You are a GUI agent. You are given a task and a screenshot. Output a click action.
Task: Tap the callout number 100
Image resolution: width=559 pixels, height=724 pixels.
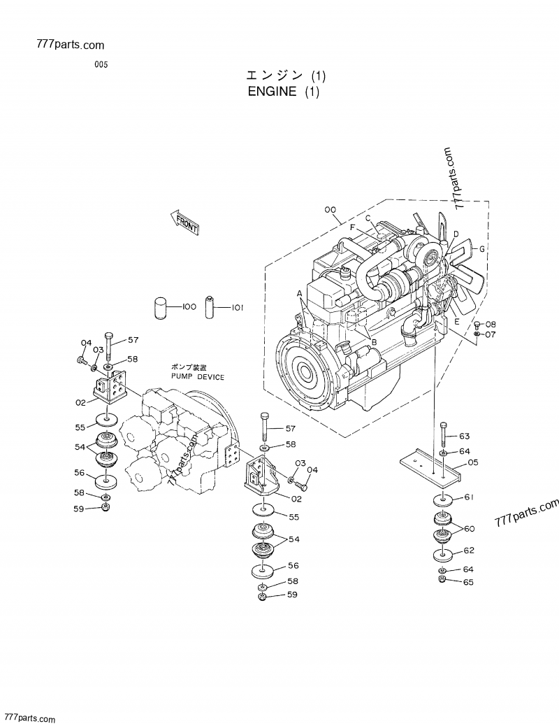(189, 306)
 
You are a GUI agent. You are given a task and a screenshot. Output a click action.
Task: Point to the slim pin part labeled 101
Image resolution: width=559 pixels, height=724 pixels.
(210, 306)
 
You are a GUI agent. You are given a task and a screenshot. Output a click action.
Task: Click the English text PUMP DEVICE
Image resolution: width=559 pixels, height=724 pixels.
(198, 376)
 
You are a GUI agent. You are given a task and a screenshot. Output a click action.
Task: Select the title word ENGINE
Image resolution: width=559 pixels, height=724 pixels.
(272, 92)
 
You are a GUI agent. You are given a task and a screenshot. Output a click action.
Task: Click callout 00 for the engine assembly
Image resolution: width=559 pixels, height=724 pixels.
(330, 209)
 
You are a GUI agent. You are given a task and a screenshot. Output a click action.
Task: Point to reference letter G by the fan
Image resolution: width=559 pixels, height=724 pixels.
(481, 249)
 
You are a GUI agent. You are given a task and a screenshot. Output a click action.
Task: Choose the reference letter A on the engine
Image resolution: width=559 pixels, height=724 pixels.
(299, 292)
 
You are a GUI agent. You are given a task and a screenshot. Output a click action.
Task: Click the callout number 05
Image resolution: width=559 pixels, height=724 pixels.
(472, 462)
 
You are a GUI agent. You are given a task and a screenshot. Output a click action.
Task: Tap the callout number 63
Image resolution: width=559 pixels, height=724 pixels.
(465, 436)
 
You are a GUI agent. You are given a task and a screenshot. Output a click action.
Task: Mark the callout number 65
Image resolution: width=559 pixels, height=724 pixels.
(467, 581)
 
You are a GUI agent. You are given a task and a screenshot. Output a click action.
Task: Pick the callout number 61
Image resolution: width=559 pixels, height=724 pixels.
(469, 498)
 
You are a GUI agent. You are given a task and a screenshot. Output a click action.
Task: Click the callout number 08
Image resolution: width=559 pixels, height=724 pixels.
(491, 324)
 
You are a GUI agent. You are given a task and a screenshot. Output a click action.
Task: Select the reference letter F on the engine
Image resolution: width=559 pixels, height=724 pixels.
(354, 227)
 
